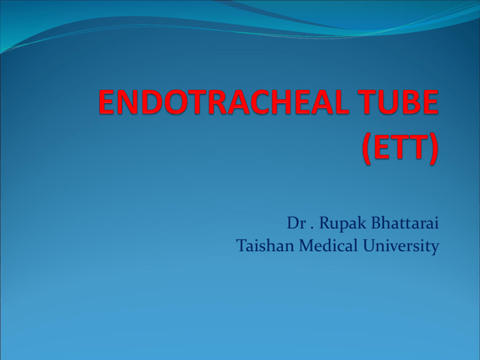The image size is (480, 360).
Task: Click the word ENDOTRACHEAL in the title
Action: click(x=224, y=102)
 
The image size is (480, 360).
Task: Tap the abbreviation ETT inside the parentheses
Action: click(x=400, y=147)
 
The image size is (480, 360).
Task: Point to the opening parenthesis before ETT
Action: click(x=367, y=149)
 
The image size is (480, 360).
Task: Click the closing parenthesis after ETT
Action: click(x=433, y=149)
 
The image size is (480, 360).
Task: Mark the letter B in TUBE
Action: click(x=413, y=102)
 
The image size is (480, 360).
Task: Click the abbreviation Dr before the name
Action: click(x=296, y=223)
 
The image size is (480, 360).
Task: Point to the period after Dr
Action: click(x=312, y=228)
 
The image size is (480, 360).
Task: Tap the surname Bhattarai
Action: click(x=405, y=222)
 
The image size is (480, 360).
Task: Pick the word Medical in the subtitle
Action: click(x=329, y=246)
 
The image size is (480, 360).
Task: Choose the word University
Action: click(x=401, y=247)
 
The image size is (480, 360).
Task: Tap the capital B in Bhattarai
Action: click(x=376, y=223)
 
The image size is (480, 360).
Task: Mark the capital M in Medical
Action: click(x=306, y=246)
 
